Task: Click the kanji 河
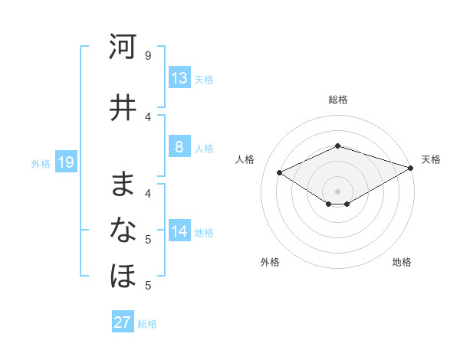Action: pos(123,47)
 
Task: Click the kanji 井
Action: pos(123,107)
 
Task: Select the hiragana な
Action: pos(123,229)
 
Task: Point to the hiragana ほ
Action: pos(123,275)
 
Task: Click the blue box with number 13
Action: pos(179,78)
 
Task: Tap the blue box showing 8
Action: pos(179,148)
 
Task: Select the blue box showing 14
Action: pos(179,232)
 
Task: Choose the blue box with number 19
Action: pos(65,162)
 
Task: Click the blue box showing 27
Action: pos(123,322)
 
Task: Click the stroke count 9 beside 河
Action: pos(148,57)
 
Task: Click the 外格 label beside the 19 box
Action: pos(41,163)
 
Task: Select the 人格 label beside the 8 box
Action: pos(204,149)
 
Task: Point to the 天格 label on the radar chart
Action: pos(431,159)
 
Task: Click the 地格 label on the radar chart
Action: pos(402,262)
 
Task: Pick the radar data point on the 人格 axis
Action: pos(279,172)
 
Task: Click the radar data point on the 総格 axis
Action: pos(337,146)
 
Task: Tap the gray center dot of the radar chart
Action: pos(337,191)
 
